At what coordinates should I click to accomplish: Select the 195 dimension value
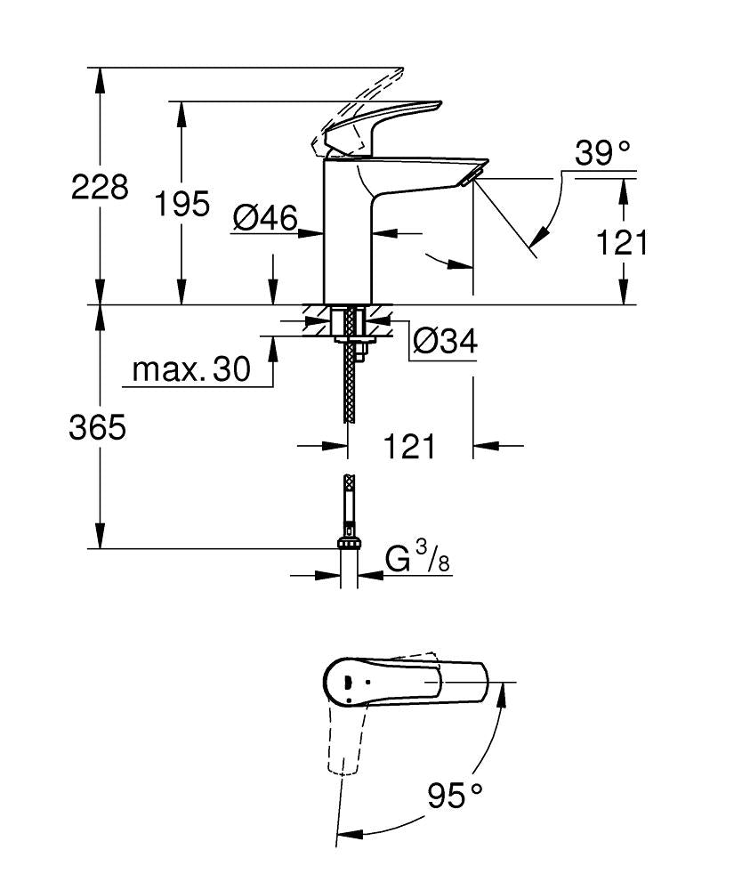(182, 204)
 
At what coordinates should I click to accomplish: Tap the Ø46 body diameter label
(264, 218)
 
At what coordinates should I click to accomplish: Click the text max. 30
(191, 368)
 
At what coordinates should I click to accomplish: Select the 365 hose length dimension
(98, 428)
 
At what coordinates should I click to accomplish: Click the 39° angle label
(602, 153)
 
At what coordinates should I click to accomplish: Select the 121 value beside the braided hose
(410, 446)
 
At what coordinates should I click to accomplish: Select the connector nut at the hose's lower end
(350, 542)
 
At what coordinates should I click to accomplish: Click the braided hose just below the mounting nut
(351, 383)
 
